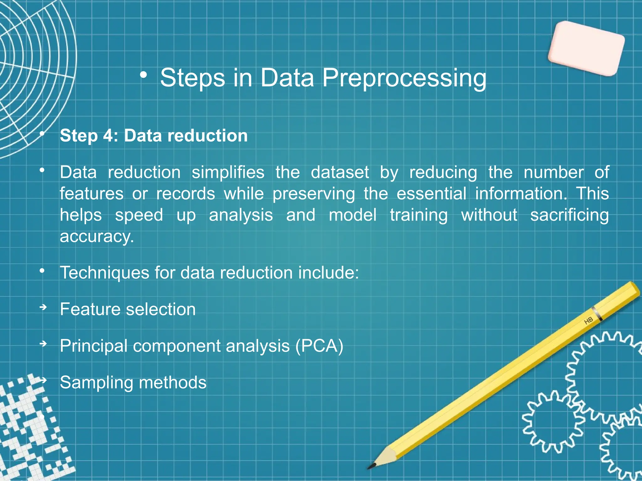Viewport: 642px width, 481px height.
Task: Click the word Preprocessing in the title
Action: click(x=404, y=78)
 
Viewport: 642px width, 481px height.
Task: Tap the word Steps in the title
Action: click(x=192, y=78)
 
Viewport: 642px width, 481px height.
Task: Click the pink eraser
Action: click(x=586, y=49)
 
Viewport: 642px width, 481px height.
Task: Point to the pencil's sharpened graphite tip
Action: click(x=371, y=466)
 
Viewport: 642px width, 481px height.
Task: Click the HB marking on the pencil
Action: click(x=588, y=320)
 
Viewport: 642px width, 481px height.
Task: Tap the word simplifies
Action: click(x=228, y=173)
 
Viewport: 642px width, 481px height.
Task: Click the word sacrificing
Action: click(x=569, y=215)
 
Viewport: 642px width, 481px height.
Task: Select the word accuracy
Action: click(x=97, y=237)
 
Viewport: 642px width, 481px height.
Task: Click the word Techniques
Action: click(x=104, y=273)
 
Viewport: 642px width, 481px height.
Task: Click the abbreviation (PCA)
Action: click(x=319, y=346)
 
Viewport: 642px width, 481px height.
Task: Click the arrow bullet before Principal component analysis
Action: click(x=43, y=344)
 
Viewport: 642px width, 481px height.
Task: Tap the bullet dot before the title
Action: click(x=144, y=75)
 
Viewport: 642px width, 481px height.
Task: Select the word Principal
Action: click(x=93, y=346)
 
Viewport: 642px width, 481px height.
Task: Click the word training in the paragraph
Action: click(x=419, y=215)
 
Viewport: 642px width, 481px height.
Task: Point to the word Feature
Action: click(x=90, y=309)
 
